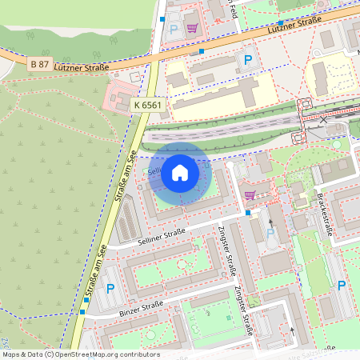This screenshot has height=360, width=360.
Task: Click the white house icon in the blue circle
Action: coord(180,173)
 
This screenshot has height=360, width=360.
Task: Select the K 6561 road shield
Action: coord(149,105)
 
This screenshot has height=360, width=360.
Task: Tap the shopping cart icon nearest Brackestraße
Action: coord(250,194)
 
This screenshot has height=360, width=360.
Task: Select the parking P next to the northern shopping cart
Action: coord(174,29)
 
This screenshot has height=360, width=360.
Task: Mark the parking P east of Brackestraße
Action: coord(342,286)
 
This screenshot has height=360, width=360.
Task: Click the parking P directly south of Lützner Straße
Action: coord(248,60)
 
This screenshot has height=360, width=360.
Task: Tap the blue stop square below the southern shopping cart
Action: coord(248,214)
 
